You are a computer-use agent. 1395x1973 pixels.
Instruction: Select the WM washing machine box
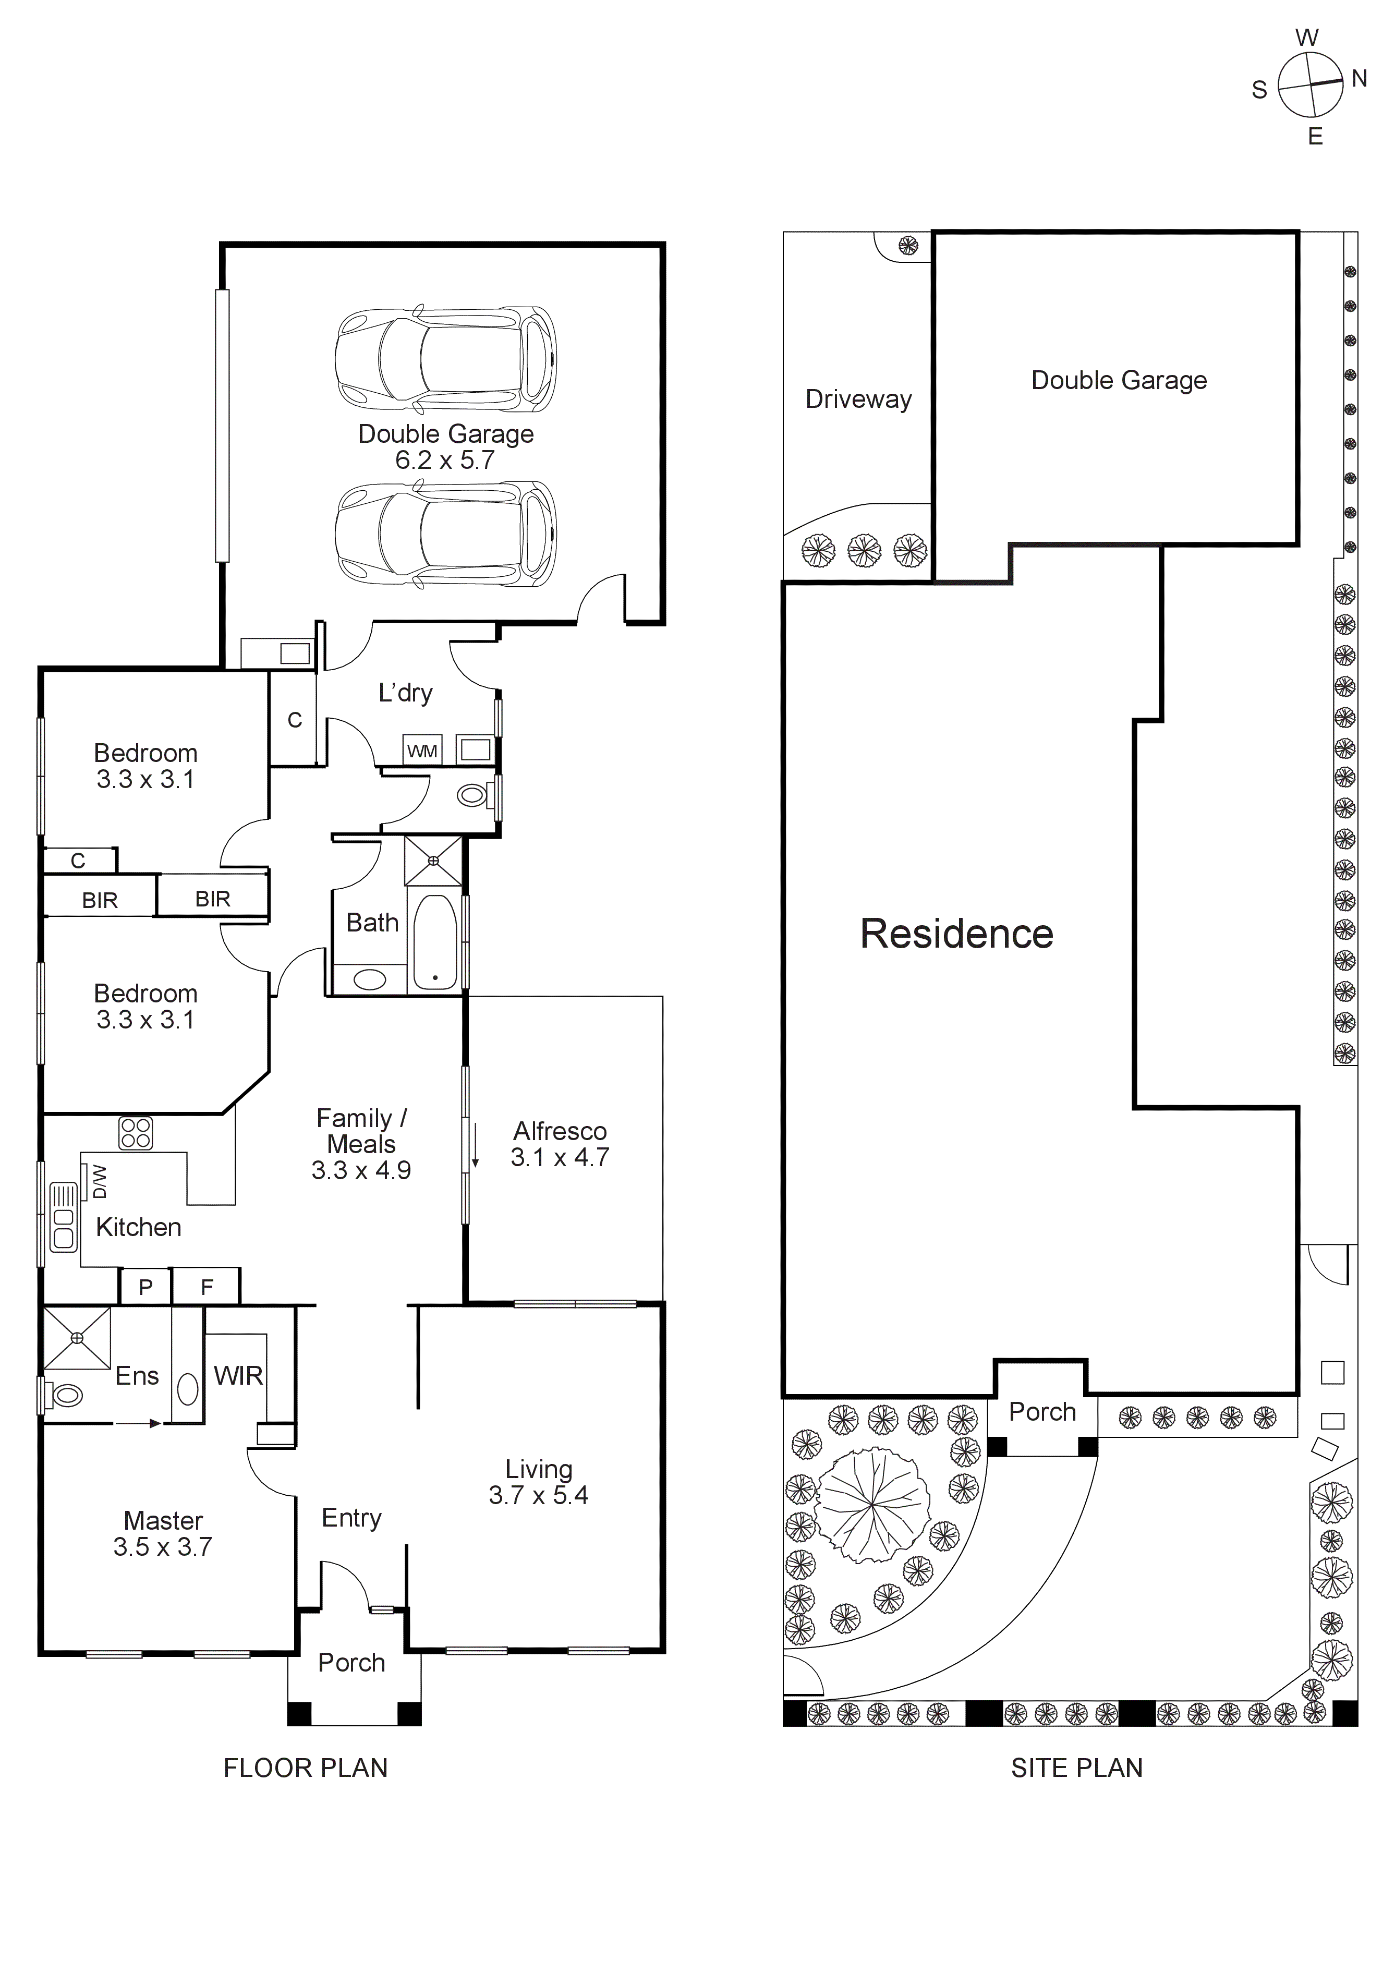point(422,750)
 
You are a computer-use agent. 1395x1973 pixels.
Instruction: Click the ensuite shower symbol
point(77,1337)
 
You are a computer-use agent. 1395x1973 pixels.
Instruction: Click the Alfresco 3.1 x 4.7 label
point(560,1144)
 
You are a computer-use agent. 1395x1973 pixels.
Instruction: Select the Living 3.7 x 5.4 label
point(539,1482)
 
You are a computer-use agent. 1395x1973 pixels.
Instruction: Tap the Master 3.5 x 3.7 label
point(163,1533)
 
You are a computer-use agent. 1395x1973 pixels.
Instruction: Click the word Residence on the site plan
point(956,934)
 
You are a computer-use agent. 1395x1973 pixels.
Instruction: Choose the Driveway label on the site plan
point(858,399)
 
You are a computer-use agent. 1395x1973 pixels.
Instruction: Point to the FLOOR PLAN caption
point(306,1768)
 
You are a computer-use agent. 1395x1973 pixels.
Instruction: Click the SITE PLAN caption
point(1076,1768)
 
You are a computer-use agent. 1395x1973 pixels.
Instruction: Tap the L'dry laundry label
point(405,693)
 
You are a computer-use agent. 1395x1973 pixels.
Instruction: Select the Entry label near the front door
point(351,1518)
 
